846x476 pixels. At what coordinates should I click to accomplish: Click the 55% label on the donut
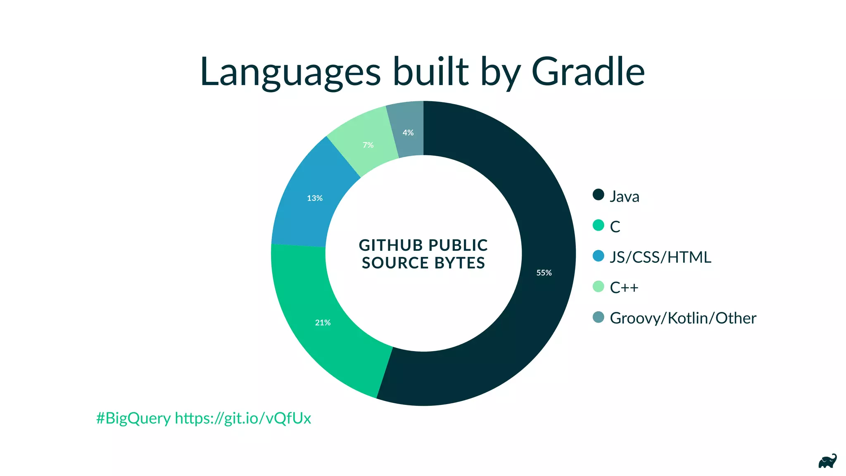[x=544, y=273]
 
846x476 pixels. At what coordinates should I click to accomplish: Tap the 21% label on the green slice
[x=323, y=323]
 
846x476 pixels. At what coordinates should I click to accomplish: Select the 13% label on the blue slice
[x=314, y=198]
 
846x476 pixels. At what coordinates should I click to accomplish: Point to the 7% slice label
[x=368, y=145]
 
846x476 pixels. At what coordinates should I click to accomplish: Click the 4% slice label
[x=408, y=133]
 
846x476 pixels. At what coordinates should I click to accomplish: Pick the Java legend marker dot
[x=598, y=195]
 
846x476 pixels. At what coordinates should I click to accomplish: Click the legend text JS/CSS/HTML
[x=660, y=257]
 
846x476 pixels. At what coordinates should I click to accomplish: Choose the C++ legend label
[x=624, y=288]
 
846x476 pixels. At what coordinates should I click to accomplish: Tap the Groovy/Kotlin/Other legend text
[x=682, y=318]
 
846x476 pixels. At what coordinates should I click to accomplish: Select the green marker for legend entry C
[x=598, y=225]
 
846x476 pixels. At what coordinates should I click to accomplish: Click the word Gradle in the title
[x=588, y=72]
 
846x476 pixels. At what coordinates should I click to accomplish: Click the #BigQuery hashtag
[x=133, y=419]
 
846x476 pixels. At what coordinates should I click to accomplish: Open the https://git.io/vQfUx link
[x=243, y=419]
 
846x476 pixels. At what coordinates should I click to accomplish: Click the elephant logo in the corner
[x=827, y=462]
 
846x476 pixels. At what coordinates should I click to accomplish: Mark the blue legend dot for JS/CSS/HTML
[x=598, y=256]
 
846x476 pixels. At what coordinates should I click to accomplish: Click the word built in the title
[x=431, y=72]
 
